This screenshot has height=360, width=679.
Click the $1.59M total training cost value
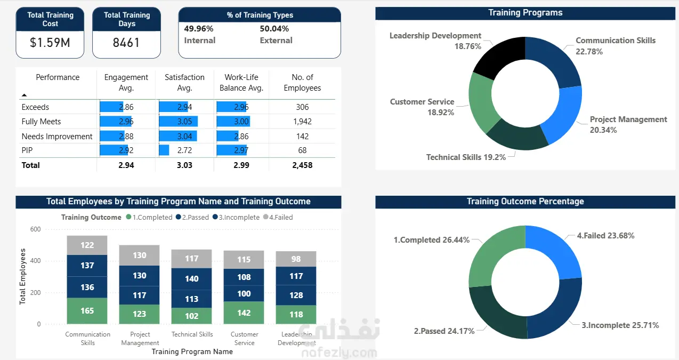click(50, 43)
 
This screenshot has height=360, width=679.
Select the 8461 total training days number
click(126, 43)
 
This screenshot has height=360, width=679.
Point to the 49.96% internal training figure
click(199, 29)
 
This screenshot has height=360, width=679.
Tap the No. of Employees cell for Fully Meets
click(302, 122)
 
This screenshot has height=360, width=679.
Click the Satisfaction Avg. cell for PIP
click(184, 150)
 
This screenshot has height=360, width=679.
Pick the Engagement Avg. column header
click(126, 83)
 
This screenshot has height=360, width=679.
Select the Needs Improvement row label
click(57, 137)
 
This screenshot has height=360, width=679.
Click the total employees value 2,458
click(302, 165)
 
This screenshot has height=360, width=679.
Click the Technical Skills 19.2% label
click(466, 157)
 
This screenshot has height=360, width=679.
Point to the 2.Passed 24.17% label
click(444, 331)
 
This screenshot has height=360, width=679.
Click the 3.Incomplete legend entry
click(236, 218)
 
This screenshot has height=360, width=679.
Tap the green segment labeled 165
click(87, 311)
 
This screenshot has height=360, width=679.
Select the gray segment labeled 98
click(296, 259)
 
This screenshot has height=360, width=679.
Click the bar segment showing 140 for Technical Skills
click(192, 278)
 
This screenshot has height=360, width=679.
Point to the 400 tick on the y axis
click(35, 261)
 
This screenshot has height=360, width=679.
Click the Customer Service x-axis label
click(244, 339)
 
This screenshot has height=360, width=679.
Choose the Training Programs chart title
click(525, 13)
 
